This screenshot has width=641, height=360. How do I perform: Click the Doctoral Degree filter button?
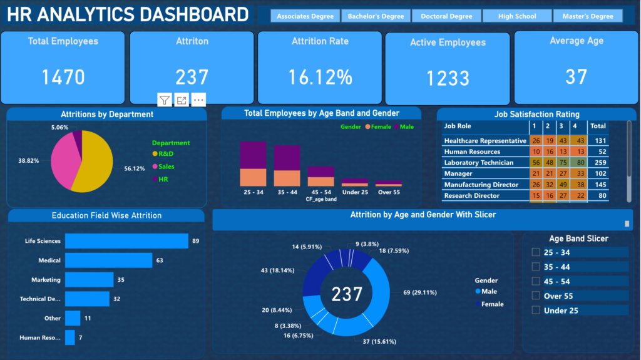(x=446, y=16)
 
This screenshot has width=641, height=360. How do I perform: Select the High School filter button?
(x=517, y=16)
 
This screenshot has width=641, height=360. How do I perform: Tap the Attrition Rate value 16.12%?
(x=320, y=77)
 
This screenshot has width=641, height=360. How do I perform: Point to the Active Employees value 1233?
(x=448, y=78)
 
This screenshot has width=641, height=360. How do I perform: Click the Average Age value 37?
(x=576, y=76)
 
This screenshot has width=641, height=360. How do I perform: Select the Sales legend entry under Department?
(x=166, y=167)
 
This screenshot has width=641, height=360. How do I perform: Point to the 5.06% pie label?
(x=60, y=127)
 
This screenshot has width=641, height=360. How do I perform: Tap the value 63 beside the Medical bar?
(x=159, y=260)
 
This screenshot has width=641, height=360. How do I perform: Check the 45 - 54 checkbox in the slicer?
(x=536, y=281)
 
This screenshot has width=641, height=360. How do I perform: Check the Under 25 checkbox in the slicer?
(x=536, y=311)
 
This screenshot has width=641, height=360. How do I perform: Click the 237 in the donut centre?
(x=347, y=294)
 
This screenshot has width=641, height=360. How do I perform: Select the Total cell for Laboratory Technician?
(x=598, y=163)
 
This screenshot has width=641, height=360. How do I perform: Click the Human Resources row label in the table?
(x=472, y=152)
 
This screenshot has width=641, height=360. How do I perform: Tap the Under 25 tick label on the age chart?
(x=354, y=192)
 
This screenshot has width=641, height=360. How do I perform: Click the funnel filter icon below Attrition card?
(x=164, y=100)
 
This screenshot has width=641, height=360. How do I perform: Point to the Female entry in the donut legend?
(x=491, y=304)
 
